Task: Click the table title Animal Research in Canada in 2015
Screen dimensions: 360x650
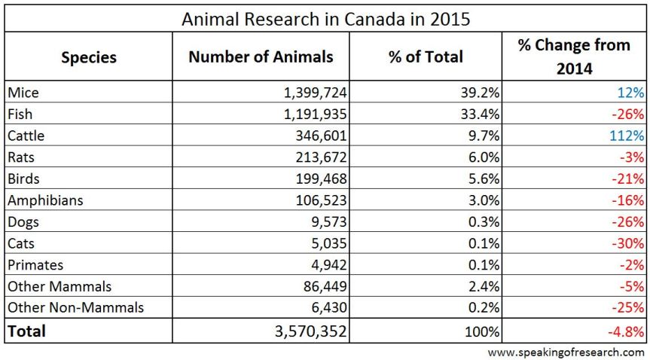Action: coord(325,19)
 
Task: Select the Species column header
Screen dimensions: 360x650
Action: coord(88,57)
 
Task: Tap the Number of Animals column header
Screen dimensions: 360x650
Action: coord(261,57)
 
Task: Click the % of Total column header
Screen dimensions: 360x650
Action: coord(426,57)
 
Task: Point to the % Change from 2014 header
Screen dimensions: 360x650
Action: coord(574,56)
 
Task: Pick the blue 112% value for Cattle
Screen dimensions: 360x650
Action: coord(628,136)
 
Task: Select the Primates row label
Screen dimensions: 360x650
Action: coord(35,264)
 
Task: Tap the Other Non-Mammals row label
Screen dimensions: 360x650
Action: coord(75,308)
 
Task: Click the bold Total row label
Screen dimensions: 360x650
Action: coord(27,331)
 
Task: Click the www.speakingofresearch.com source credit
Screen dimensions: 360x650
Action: coord(566,352)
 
